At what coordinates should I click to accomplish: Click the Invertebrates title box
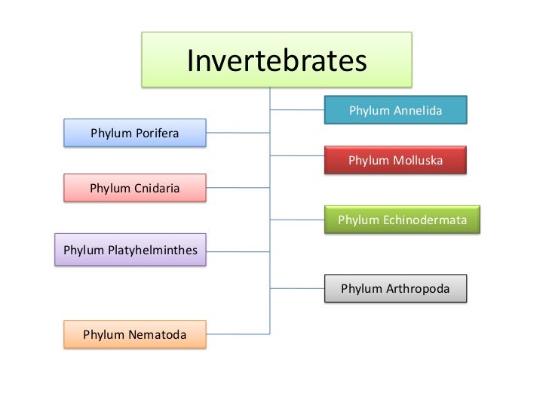277,60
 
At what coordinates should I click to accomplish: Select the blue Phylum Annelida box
395,111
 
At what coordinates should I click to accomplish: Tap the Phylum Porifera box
134,134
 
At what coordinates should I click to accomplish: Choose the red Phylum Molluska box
395,161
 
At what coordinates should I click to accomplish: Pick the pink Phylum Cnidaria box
134,187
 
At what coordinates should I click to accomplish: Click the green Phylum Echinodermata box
402,220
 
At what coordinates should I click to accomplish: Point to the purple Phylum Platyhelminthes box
130,248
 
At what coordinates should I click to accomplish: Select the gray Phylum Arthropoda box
395,288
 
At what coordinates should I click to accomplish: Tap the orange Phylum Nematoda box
134,334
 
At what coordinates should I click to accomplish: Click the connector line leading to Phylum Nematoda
238,334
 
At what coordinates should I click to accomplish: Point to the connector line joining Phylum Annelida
297,111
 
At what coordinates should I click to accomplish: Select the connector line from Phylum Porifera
238,133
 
